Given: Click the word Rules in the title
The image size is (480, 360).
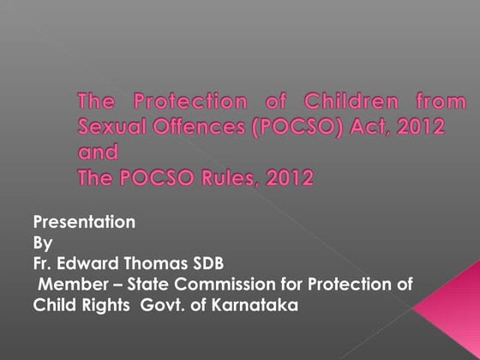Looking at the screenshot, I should pos(232,179).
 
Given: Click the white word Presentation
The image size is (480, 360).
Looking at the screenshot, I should pos(84,222).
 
